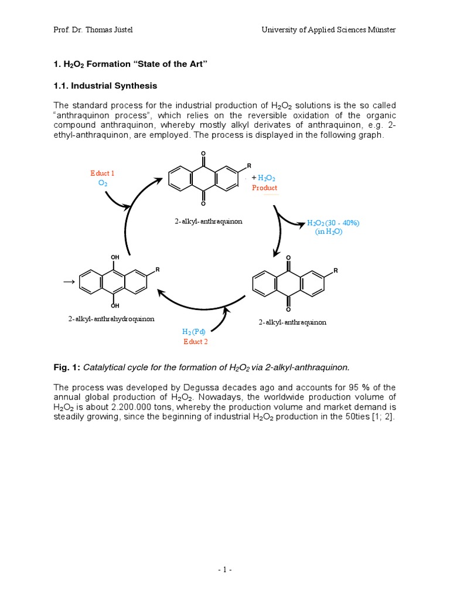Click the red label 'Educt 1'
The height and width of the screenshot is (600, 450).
point(102,173)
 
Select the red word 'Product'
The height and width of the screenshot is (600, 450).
point(265,188)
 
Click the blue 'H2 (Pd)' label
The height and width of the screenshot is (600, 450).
point(195,332)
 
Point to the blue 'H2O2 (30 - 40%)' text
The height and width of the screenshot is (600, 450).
point(333,223)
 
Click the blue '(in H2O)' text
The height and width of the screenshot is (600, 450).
point(328,231)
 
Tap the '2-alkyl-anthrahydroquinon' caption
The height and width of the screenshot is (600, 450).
point(111,319)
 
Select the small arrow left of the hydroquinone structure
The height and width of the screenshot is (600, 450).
point(69,282)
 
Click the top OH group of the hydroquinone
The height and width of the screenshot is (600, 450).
point(115,257)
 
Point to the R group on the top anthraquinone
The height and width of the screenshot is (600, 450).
point(249,166)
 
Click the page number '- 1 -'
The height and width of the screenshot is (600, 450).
point(225,570)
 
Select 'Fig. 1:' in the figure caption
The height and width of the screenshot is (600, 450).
point(67,367)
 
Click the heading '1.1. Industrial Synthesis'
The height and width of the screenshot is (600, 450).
point(105,86)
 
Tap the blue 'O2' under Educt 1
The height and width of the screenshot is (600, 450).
point(102,183)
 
